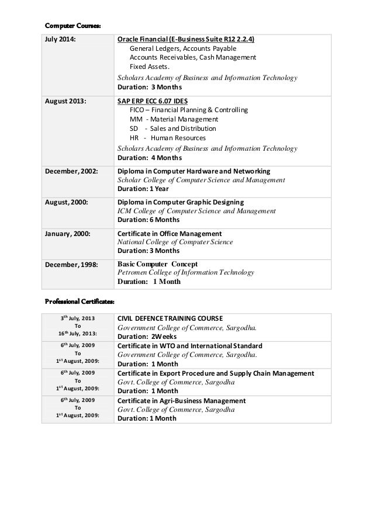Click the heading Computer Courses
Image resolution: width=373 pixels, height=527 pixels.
coord(73,26)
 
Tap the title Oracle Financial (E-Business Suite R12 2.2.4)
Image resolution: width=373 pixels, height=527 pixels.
coord(190,40)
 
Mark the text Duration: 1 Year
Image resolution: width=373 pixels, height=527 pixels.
coord(144,189)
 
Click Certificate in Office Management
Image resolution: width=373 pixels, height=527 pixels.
coord(170,233)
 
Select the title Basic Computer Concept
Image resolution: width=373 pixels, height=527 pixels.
coord(158,263)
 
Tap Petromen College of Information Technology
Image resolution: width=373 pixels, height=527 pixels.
coord(186,272)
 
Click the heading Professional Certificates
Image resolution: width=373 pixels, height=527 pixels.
coord(80,301)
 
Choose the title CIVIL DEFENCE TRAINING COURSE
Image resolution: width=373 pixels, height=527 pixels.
coord(170,318)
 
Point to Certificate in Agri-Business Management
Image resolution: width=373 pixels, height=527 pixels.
coord(181,401)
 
